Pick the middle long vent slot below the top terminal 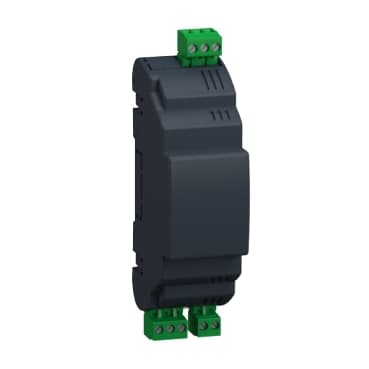[211, 80]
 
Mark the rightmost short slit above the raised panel [219, 116]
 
